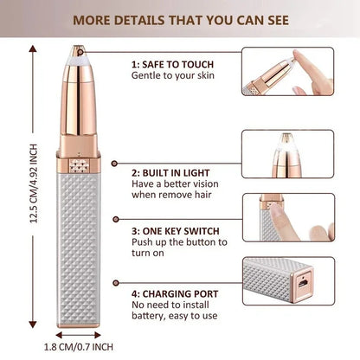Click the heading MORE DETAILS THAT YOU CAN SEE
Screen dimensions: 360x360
[x=179, y=18]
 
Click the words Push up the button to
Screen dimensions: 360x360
[x=180, y=244]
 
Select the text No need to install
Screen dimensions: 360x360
[x=170, y=305]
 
